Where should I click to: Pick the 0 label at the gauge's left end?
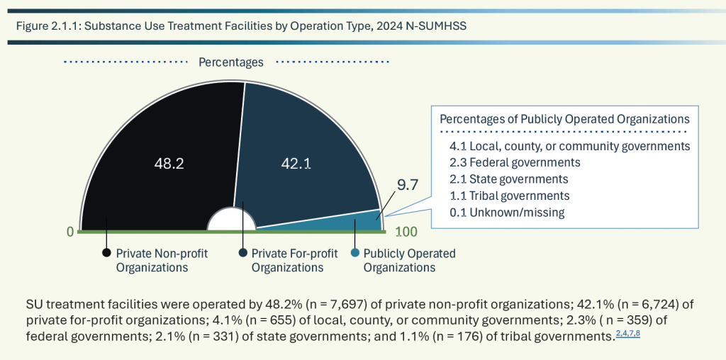pyautogui.click(x=70, y=232)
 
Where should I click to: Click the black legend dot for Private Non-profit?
pyautogui.click(x=106, y=253)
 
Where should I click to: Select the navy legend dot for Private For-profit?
pyautogui.click(x=242, y=253)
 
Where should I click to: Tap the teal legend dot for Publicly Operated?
pyautogui.click(x=354, y=253)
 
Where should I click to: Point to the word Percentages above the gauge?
pyautogui.click(x=230, y=62)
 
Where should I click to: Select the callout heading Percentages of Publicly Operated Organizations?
pyautogui.click(x=564, y=118)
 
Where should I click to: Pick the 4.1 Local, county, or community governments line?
pyautogui.click(x=569, y=146)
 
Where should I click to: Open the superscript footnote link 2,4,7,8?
pyautogui.click(x=628, y=333)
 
